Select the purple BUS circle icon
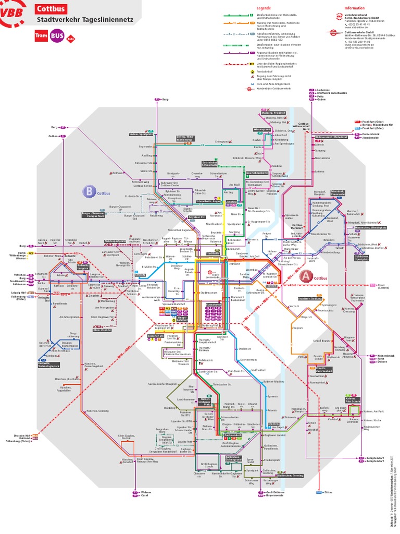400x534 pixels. (x=57, y=36)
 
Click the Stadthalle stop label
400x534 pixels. (x=213, y=253)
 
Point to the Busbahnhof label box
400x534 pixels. (x=214, y=304)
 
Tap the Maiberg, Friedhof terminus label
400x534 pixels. (x=273, y=113)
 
